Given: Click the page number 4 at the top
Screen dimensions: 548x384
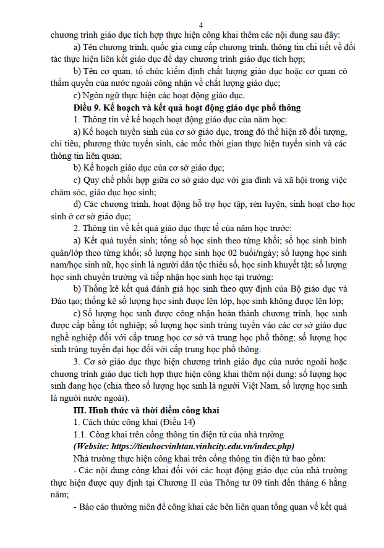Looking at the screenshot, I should [192, 23].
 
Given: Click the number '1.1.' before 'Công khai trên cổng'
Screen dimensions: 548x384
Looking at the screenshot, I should [81, 434].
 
